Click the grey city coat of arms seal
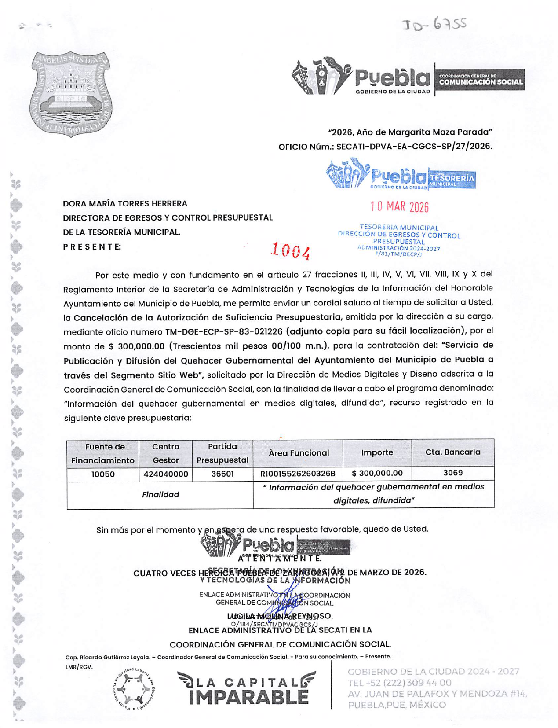point(70,93)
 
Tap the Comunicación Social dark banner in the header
point(480,80)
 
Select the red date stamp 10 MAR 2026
point(399,207)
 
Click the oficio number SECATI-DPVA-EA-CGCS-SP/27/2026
point(414,146)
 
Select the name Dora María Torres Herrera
point(125,203)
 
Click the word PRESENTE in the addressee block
point(92,246)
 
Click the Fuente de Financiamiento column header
point(103,453)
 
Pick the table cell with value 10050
point(103,474)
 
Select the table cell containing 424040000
point(165,474)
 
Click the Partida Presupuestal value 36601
point(222,474)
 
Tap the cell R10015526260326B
point(298,474)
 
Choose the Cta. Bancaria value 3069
point(452,473)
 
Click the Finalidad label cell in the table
point(160,495)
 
